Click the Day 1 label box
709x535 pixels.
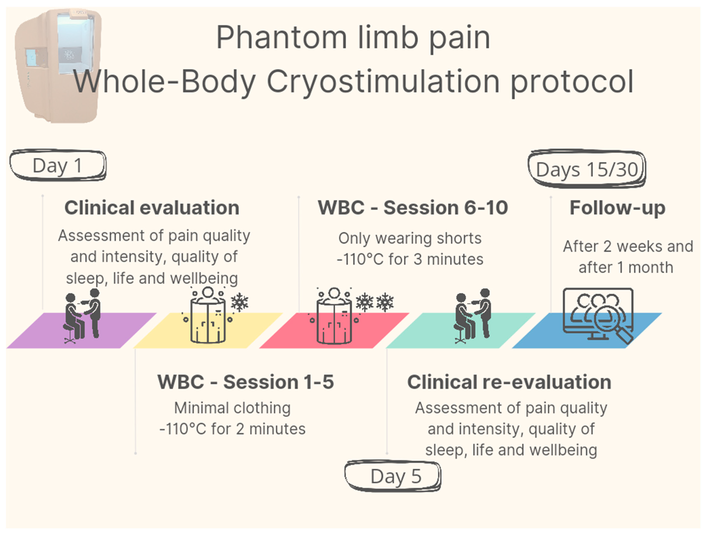[58, 165]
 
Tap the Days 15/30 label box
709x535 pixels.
[587, 169]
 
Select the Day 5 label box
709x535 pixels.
[393, 476]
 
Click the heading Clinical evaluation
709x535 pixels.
[152, 208]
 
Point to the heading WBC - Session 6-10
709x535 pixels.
[413, 208]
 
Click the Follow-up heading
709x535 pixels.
[617, 208]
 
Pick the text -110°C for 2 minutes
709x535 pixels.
[232, 429]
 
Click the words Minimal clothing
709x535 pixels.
[232, 408]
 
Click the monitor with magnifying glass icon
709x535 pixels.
[598, 315]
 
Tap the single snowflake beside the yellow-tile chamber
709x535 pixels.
[239, 302]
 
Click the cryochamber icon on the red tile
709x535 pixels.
[334, 316]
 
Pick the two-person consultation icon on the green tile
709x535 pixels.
[473, 316]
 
